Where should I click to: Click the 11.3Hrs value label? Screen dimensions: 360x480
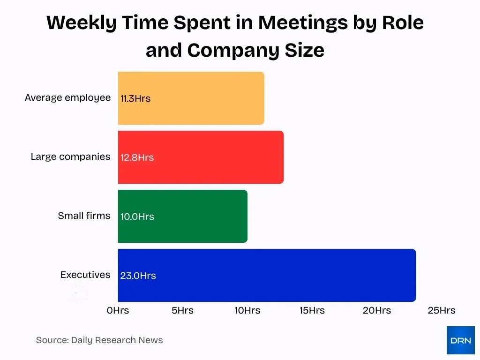[135, 99]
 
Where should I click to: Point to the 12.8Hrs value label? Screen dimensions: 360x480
[137, 157]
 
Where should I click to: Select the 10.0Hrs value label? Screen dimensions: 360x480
[137, 217]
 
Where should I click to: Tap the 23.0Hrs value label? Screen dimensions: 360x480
[138, 276]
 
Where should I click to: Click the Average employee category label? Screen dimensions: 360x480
[67, 97]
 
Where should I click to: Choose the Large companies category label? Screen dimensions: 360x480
[70, 157]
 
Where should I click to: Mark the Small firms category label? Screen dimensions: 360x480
[84, 216]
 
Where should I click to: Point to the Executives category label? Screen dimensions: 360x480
[85, 275]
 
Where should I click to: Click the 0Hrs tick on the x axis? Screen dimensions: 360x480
[118, 310]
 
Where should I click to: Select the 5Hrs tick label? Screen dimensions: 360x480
[182, 310]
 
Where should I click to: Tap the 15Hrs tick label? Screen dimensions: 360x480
[312, 310]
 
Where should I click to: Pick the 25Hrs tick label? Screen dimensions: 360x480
[442, 310]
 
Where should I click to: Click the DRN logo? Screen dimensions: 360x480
[460, 340]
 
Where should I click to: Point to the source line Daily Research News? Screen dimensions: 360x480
[99, 340]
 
